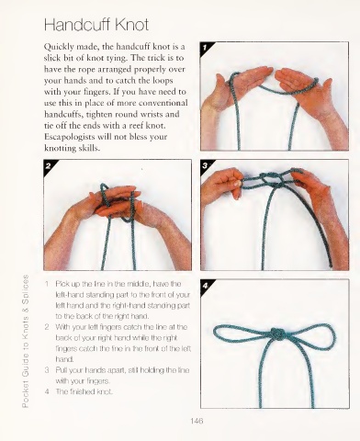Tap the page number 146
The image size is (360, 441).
[x=197, y=421]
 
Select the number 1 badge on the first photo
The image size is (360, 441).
[x=205, y=47]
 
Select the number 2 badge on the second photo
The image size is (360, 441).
[x=48, y=166]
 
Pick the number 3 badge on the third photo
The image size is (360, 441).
[x=205, y=165]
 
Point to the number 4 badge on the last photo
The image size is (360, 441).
[x=205, y=286]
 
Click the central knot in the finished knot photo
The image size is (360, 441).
[x=278, y=334]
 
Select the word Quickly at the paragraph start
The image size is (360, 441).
[x=59, y=47]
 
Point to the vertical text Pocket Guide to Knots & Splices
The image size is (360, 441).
[x=26, y=341]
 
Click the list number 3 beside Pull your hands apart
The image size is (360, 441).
[x=47, y=370]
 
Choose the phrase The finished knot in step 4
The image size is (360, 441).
[x=84, y=391]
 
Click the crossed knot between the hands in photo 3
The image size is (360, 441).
[x=272, y=180]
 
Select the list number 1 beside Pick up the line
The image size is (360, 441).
[x=47, y=284]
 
